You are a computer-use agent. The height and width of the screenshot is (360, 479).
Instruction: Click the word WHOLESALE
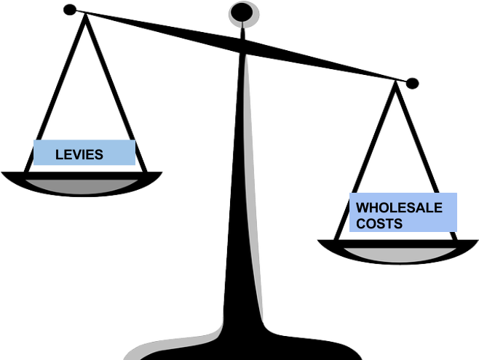tap(399, 208)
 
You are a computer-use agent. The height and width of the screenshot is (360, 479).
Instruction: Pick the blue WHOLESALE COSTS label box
tap(403, 212)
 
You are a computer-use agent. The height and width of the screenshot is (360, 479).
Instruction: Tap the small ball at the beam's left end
tap(69, 9)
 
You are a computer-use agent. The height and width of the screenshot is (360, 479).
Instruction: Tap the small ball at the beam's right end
tap(412, 82)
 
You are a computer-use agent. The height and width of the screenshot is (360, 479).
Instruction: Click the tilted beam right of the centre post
tap(328, 64)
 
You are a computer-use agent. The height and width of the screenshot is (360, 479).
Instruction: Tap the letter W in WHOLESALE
tap(362, 208)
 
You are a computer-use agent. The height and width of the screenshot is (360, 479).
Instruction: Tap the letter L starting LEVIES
tap(59, 154)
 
